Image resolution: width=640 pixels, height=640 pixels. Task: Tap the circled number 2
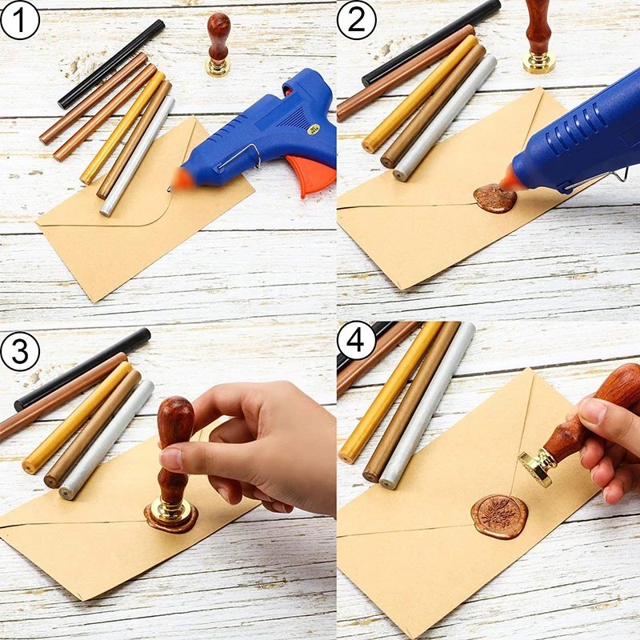(356, 20)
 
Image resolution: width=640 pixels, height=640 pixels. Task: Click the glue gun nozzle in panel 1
(182, 180)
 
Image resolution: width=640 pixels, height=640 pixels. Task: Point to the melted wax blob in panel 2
(494, 198)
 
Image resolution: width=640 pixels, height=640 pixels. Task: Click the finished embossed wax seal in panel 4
(499, 516)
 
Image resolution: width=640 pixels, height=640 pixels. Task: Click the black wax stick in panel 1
(111, 64)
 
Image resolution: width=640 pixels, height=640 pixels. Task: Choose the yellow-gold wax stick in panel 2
(420, 93)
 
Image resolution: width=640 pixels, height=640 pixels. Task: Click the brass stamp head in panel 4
(536, 469)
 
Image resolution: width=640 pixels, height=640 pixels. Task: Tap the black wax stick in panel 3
(80, 369)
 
